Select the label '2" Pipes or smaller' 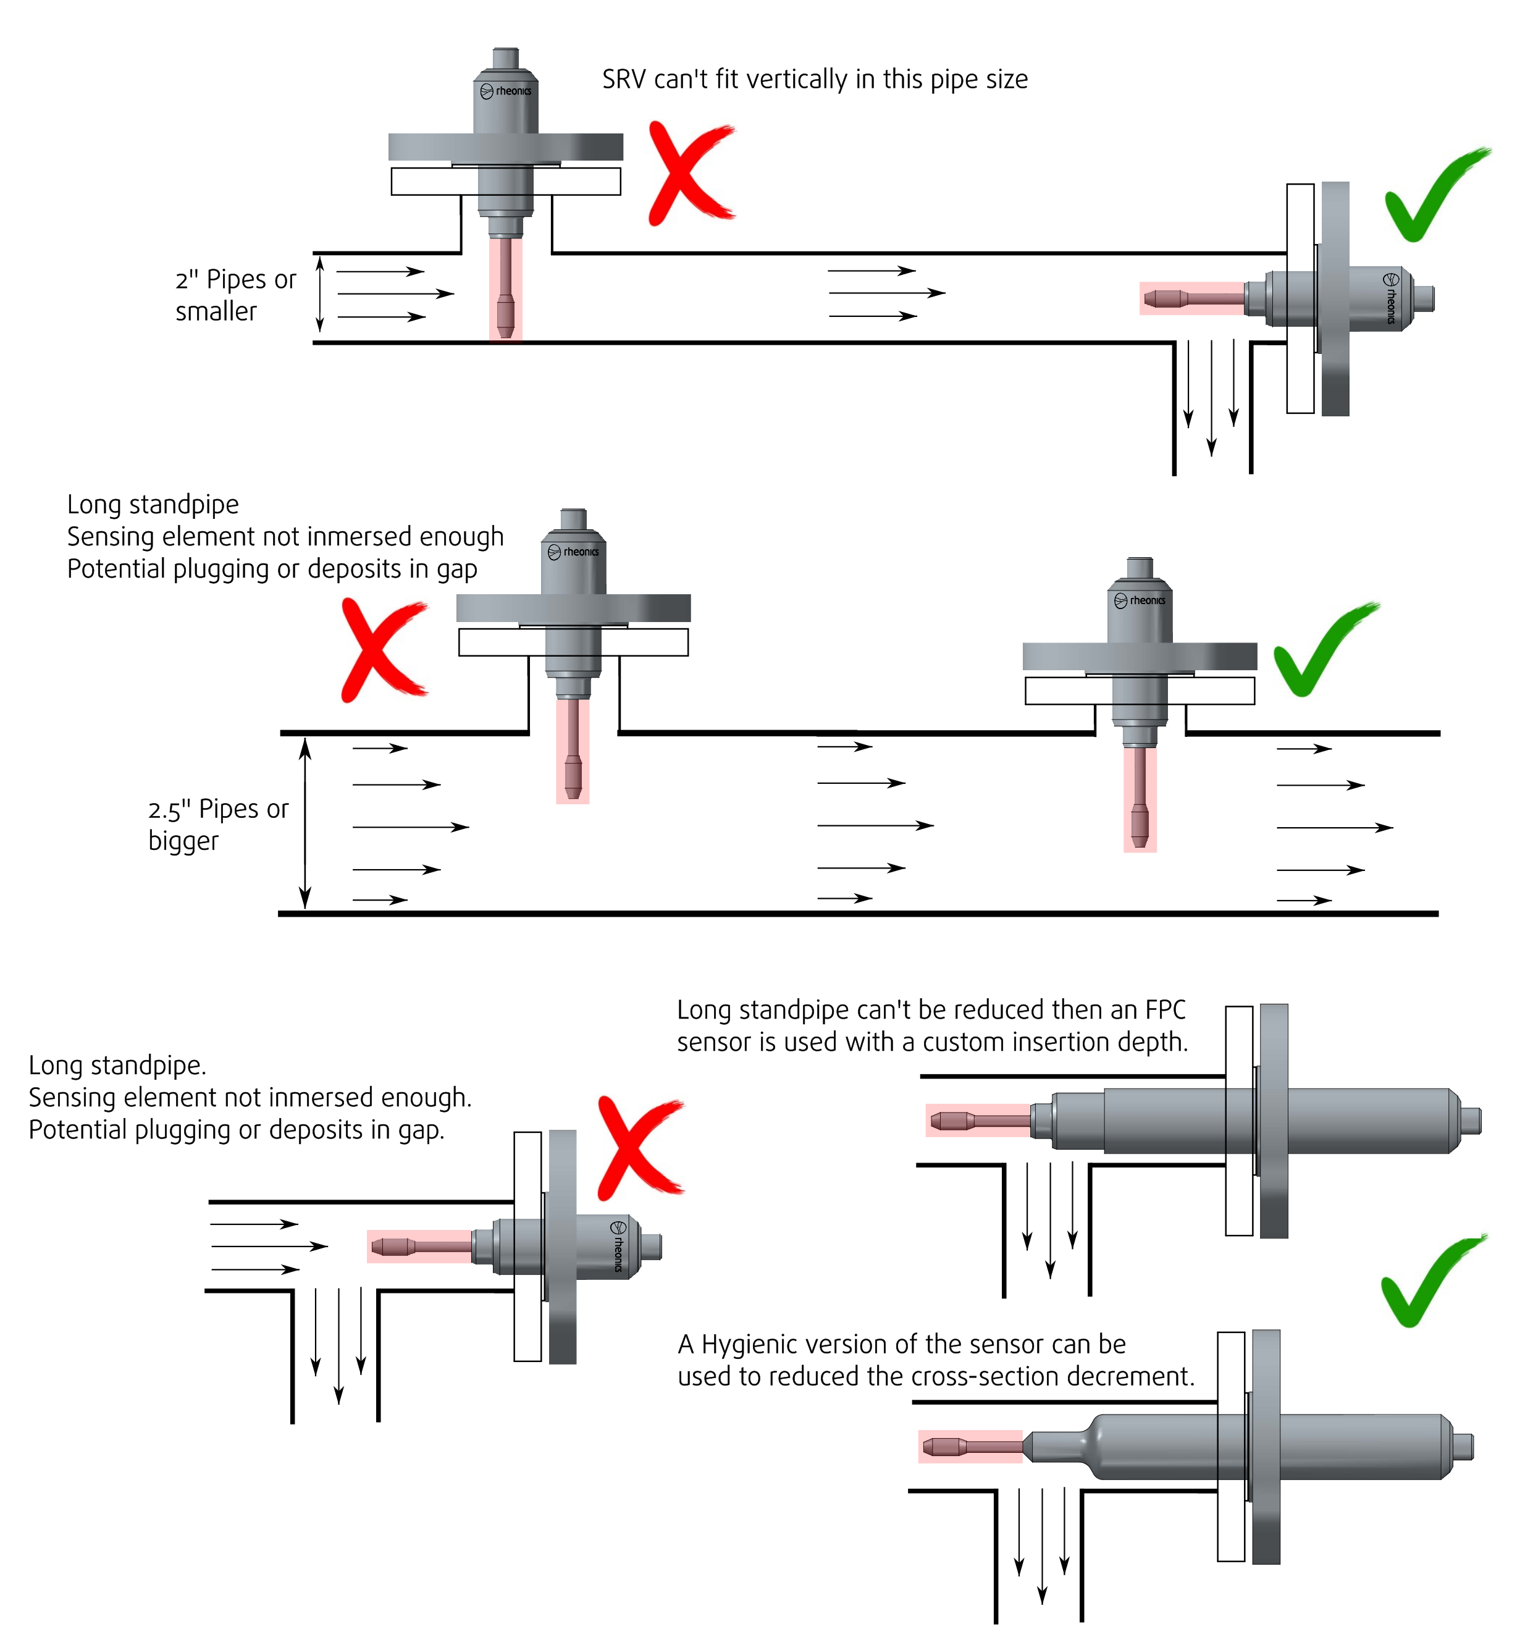point(235,295)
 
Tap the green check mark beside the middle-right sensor point(1322,650)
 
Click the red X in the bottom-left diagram point(638,1148)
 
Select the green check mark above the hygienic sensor point(1430,1282)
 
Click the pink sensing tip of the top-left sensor point(505,313)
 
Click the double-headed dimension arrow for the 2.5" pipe point(305,824)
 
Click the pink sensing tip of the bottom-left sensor point(392,1246)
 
